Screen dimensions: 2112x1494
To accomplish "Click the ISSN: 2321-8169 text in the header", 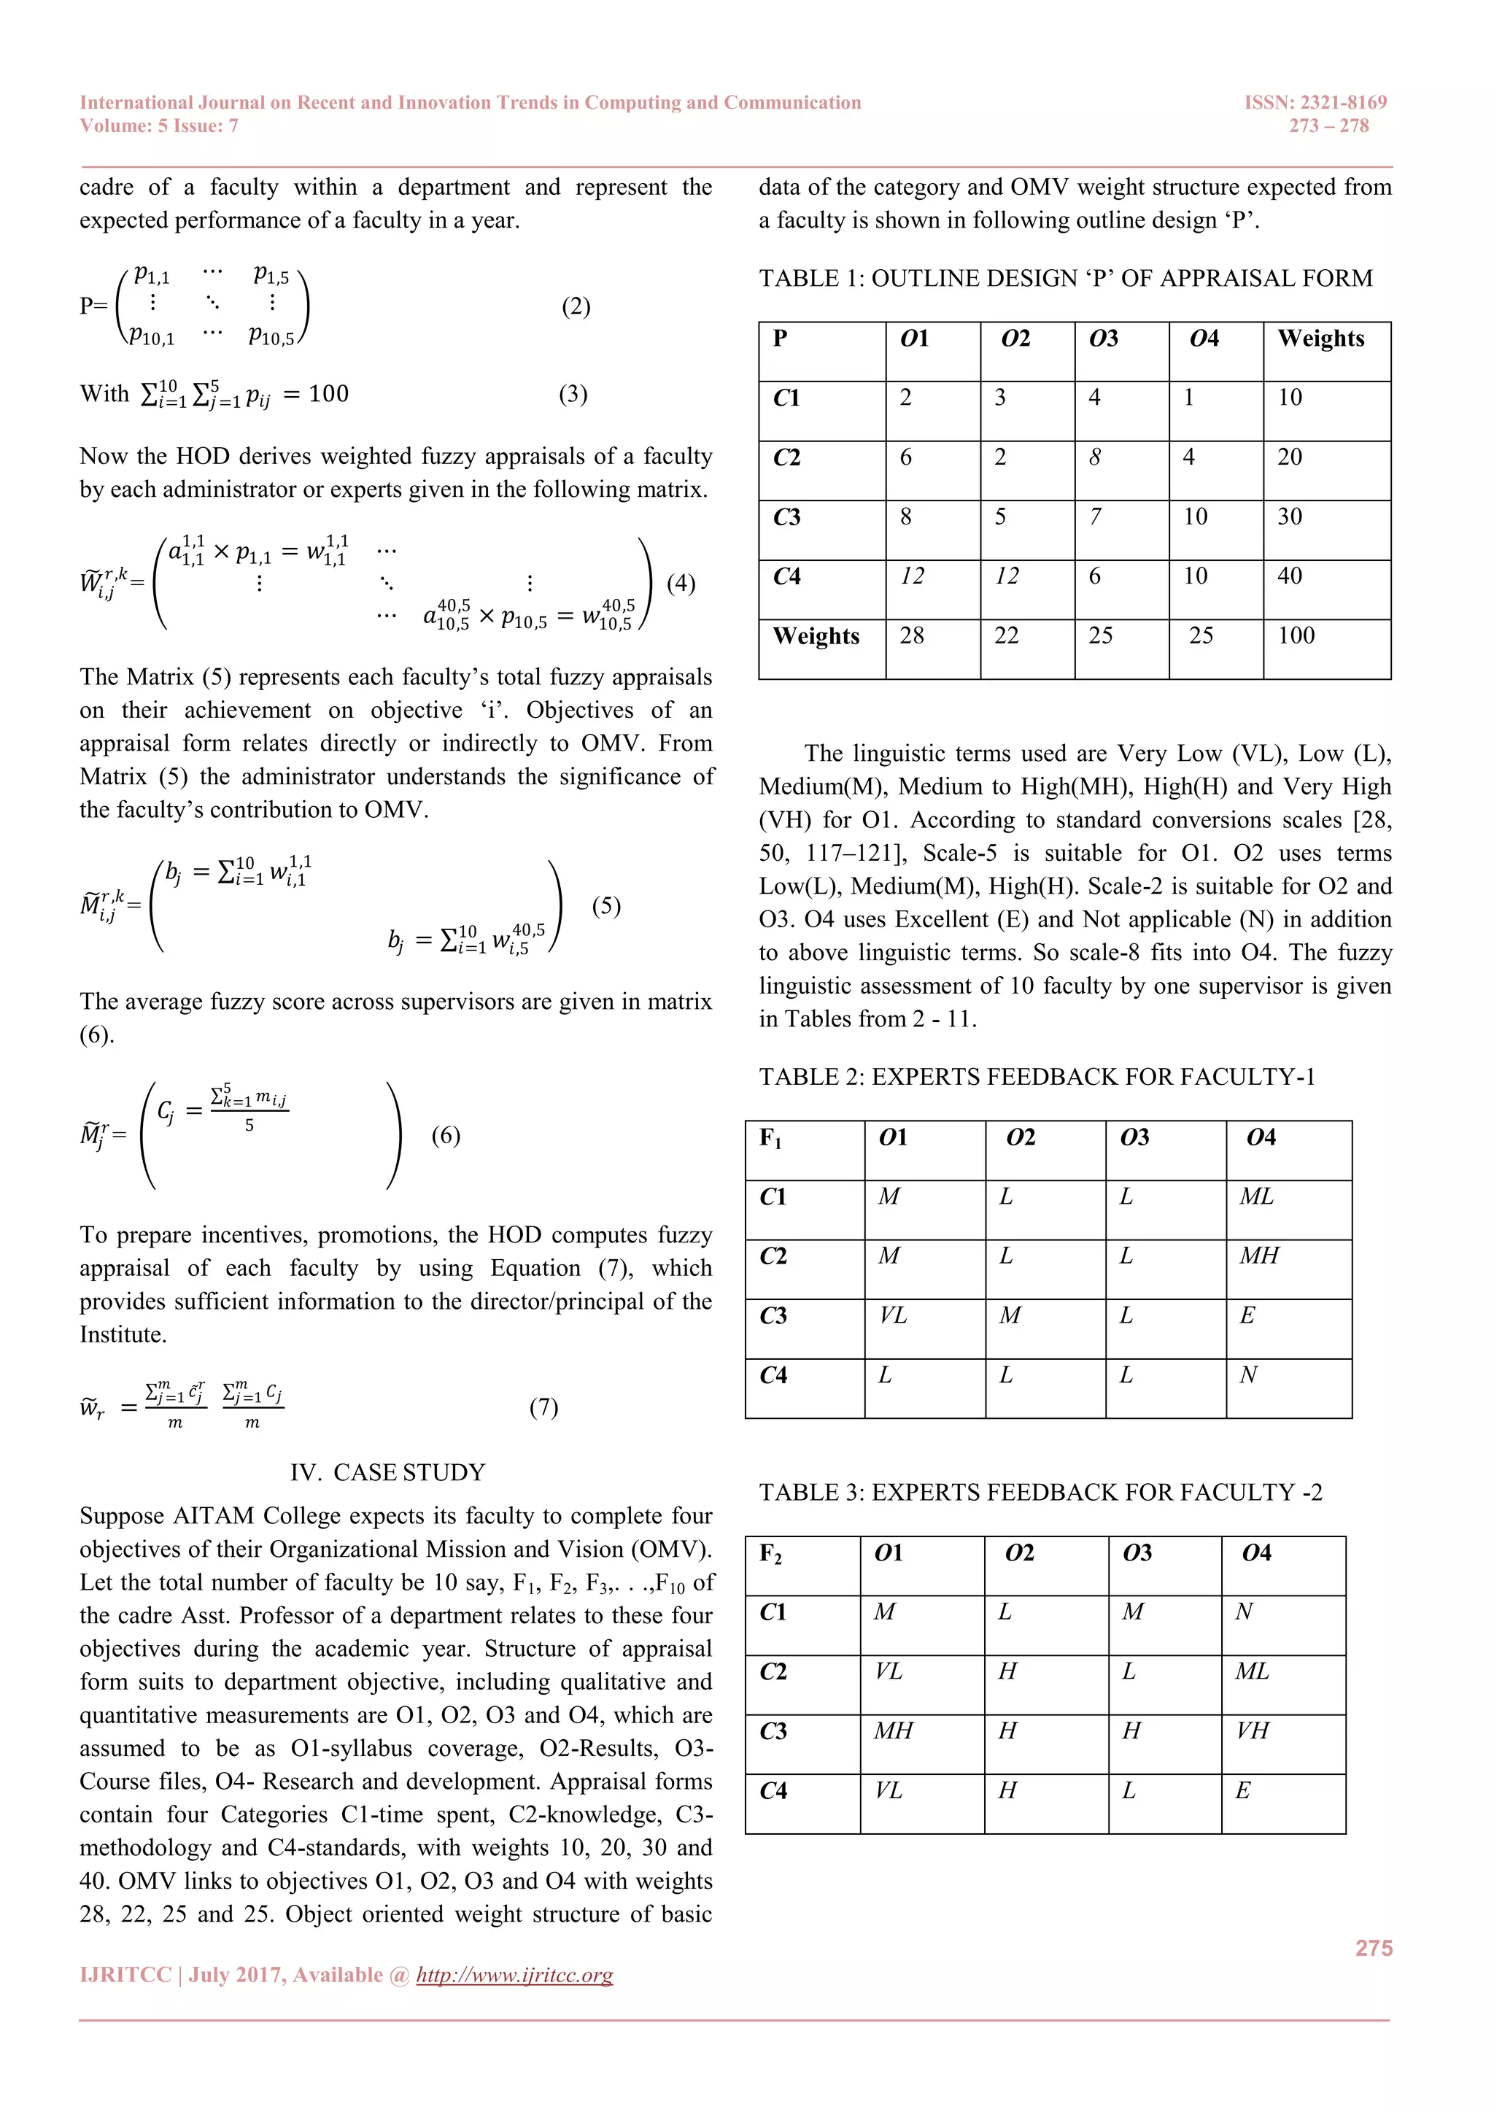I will click(1315, 102).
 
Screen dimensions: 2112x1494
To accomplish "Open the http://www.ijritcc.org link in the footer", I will click(514, 1975).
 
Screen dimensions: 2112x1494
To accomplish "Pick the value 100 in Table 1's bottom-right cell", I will click(1296, 635).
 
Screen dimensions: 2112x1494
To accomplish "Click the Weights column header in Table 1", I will click(1320, 339).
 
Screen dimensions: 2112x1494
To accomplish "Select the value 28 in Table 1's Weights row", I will click(912, 635).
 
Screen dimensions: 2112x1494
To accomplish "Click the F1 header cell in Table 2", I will click(771, 1139).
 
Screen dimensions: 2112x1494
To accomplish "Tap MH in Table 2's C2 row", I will click(1258, 1256).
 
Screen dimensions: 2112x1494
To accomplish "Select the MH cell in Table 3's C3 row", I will click(894, 1731).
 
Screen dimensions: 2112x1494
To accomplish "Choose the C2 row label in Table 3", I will click(774, 1671).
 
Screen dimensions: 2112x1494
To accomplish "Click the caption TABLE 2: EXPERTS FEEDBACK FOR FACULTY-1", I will click(1037, 1078).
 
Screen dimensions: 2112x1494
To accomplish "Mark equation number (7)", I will click(543, 1407).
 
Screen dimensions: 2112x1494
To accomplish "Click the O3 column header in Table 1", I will click(1103, 339).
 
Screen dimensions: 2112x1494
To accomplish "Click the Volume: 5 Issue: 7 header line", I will click(159, 126).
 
